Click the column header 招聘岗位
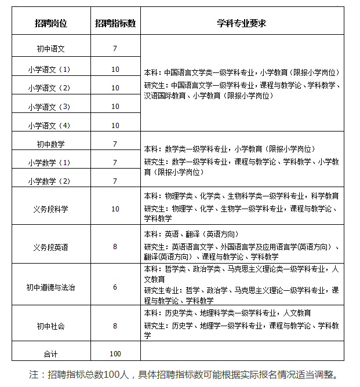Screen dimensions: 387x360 [50, 24]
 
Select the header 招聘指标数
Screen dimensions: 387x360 [115, 24]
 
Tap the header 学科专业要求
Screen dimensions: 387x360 [241, 24]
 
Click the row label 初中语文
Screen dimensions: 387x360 [50, 48]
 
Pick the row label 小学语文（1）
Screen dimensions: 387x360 [50, 70]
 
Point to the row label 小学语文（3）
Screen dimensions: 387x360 [50, 107]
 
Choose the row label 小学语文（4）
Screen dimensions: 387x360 [50, 126]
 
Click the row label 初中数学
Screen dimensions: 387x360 [50, 144]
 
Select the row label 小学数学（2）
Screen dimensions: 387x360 [50, 181]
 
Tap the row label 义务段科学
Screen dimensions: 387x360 [50, 209]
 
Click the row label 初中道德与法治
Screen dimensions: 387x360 [50, 287]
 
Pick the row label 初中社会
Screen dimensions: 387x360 [50, 326]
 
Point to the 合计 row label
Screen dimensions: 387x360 [50, 353]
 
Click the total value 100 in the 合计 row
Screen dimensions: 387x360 [115, 353]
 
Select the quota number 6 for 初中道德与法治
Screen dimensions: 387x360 [115, 287]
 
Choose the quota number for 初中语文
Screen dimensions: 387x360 [115, 48]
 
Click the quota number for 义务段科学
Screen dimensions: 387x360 [115, 209]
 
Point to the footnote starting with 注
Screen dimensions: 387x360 [183, 374]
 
